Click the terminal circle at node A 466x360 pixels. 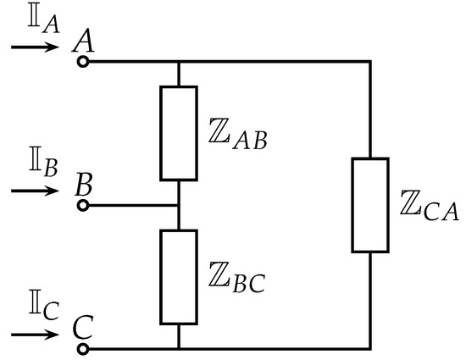coord(82,62)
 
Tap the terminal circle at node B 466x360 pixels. coord(82,205)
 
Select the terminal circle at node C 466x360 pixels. coord(82,348)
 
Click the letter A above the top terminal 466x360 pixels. coord(83,41)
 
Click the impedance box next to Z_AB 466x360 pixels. coord(179,133)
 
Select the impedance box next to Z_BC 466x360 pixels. coord(179,277)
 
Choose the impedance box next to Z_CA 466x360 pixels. coord(370,205)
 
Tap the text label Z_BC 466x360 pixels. coord(236,279)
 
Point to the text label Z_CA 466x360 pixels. coord(429,207)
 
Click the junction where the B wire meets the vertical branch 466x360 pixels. coord(179,205)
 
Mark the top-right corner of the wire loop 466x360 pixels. coord(370,62)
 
